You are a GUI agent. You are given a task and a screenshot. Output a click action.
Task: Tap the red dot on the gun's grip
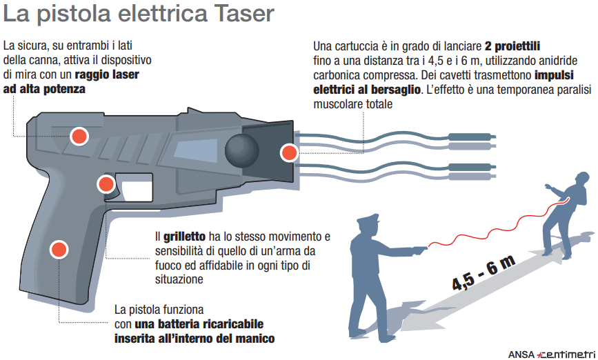pos(59,250)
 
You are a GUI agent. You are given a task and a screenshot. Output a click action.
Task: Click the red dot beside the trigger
pos(106,184)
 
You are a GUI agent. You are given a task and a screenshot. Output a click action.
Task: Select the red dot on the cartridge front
pos(289,153)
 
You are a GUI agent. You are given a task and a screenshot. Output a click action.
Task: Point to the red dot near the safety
pos(79,136)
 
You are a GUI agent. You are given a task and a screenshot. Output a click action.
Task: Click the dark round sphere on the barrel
pos(242,150)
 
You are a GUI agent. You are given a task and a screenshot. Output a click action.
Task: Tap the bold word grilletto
pos(185,237)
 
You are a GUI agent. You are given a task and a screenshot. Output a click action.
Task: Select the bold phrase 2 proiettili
pos(512,46)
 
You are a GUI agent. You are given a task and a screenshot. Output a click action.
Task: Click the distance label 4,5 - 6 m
pos(484,272)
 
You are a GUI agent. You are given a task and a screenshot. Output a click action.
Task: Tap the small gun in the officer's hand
pos(419,250)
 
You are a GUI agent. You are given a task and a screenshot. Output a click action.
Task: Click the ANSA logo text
pos(521,354)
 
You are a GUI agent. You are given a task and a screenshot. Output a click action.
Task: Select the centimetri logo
pos(566,354)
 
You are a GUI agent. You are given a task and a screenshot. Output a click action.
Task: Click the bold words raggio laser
pos(107,74)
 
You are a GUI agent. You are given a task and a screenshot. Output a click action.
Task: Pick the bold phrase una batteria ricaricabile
pos(199,324)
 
